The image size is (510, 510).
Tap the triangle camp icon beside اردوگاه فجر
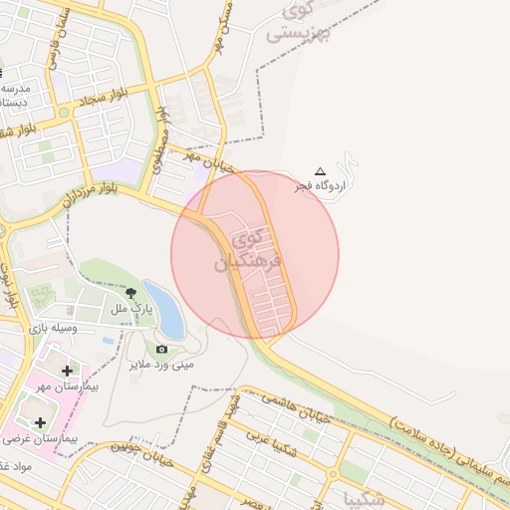(320, 171)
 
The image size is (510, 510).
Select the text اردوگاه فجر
(313, 186)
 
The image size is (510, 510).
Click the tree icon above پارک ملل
(131, 291)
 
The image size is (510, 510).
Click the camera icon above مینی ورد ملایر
(161, 349)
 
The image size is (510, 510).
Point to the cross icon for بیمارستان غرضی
(40, 423)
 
